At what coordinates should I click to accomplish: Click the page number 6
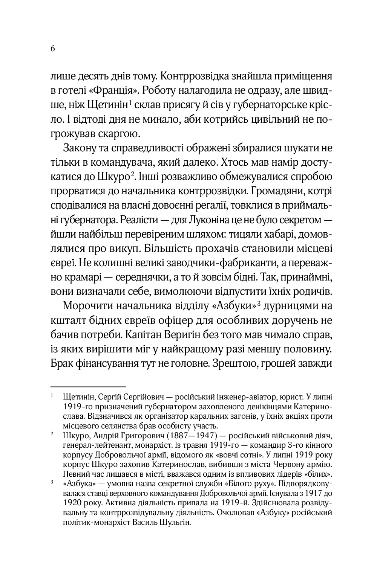coord(53,49)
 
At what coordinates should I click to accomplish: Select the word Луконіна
coord(217,220)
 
